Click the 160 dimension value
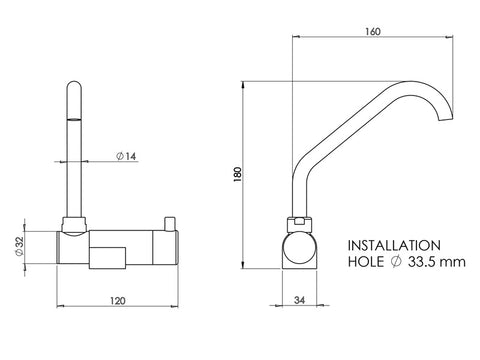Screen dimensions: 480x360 coord(373,32)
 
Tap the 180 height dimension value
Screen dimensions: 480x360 coord(238,174)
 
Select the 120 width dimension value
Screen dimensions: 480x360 coord(118,301)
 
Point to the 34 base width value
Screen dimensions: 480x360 coord(300,300)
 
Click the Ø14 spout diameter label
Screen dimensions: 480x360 coord(126,156)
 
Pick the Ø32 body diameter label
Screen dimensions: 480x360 coord(20,246)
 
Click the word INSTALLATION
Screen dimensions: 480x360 coord(394,246)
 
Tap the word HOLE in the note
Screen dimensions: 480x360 coord(366,262)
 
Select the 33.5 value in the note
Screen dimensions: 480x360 coord(421,262)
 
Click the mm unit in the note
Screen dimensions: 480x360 coord(452,263)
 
